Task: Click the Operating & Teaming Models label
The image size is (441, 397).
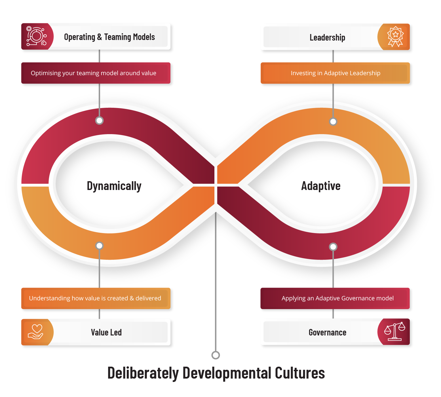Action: (109, 37)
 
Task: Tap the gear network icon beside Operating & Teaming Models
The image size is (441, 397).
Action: (36, 36)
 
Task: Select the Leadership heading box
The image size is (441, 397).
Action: (327, 37)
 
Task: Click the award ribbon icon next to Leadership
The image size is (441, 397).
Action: (395, 37)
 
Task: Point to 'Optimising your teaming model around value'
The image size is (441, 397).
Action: (93, 73)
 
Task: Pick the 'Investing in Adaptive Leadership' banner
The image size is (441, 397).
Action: (336, 73)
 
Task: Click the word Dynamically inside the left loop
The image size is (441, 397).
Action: (114, 186)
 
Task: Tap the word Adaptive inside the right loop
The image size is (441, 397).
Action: (321, 186)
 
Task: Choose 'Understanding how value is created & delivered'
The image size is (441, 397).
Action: (95, 298)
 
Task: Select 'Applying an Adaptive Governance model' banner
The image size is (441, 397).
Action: (337, 298)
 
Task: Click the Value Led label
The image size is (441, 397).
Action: (106, 332)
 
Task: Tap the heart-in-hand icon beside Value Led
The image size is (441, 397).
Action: (36, 332)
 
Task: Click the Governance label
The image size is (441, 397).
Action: (327, 332)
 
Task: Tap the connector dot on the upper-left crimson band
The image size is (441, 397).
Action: (99, 121)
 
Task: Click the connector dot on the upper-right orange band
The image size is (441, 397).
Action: (333, 122)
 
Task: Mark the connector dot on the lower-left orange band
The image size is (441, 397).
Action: (99, 246)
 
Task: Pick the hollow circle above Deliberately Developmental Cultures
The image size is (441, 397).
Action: (216, 355)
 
